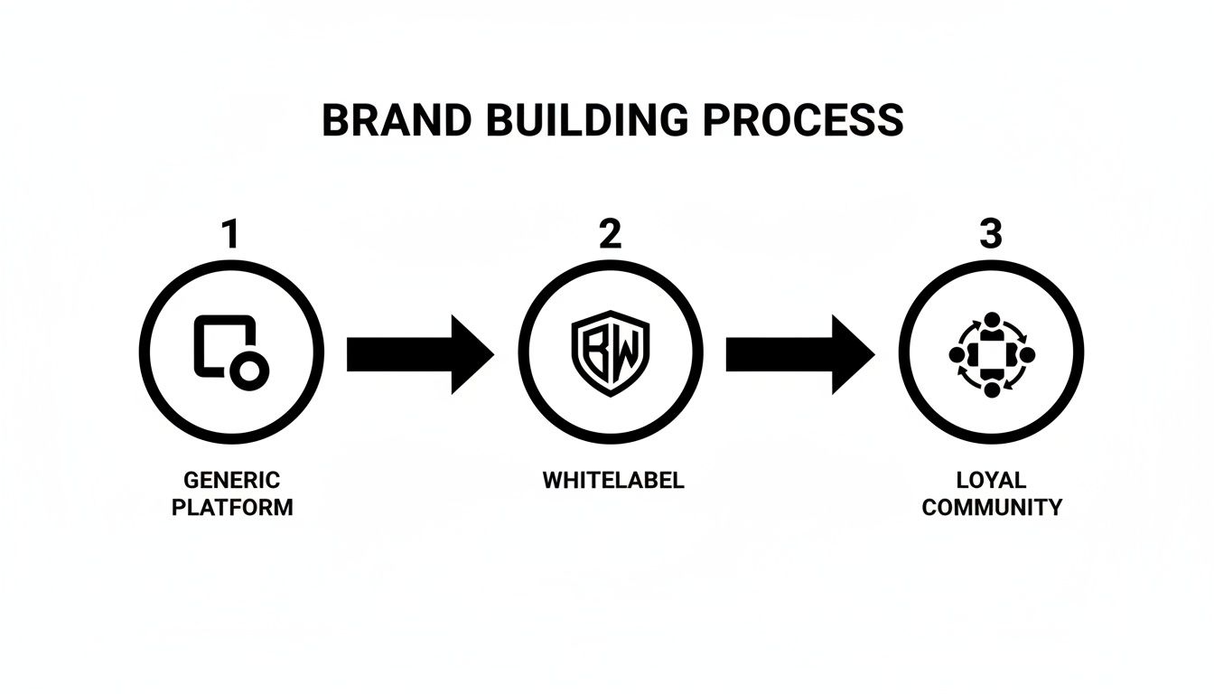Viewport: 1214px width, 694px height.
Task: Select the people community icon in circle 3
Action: [x=991, y=354]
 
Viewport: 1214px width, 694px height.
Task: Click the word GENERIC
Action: [x=232, y=480]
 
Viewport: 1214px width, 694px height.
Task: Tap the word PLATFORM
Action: [x=232, y=507]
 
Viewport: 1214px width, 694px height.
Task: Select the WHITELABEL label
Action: [x=613, y=480]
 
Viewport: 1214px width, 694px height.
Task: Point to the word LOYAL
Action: [x=992, y=480]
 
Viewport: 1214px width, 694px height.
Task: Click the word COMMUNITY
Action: [x=992, y=507]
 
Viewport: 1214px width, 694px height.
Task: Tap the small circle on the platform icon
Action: [x=247, y=371]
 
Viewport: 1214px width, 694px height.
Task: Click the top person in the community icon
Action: [x=991, y=321]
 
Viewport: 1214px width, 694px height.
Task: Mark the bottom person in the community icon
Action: [x=991, y=389]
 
